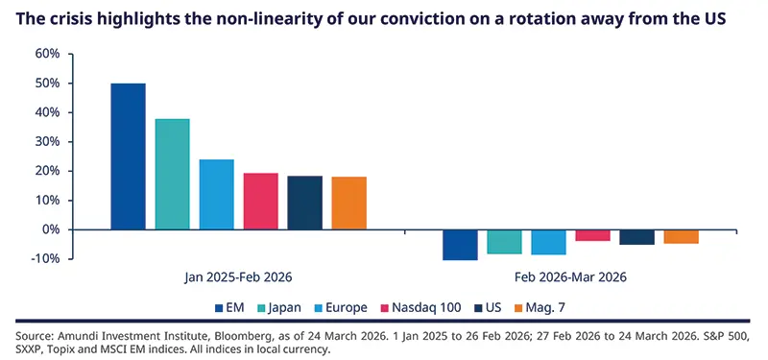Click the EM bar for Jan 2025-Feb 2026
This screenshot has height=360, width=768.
coord(128,156)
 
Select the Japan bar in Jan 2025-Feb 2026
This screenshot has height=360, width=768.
coord(172,174)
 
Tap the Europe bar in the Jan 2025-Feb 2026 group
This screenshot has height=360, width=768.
coord(216,194)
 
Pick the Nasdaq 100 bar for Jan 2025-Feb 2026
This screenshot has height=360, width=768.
coord(260,201)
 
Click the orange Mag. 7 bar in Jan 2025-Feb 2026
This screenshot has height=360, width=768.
coord(348,203)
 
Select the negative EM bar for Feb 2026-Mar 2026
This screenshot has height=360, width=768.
coord(460,245)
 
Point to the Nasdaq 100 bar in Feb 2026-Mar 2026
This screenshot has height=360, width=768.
coord(592,235)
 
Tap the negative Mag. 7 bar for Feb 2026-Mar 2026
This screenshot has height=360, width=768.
coord(681,237)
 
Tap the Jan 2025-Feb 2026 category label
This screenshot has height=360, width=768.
coord(238,276)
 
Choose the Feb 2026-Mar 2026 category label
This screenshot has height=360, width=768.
coord(570,276)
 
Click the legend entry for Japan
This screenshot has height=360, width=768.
coord(283,307)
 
